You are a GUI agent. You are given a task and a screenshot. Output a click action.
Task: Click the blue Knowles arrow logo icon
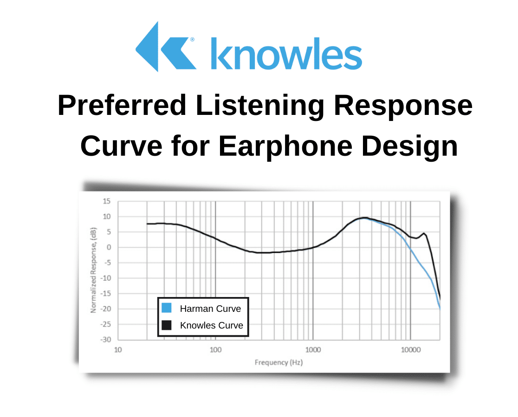(x=164, y=47)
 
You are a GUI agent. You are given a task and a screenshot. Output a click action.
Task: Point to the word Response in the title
(x=402, y=106)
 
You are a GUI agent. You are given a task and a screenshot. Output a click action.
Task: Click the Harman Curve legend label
(x=210, y=309)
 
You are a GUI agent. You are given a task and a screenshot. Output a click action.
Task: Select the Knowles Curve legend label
(x=211, y=325)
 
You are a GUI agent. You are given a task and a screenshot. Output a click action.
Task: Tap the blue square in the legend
(x=167, y=308)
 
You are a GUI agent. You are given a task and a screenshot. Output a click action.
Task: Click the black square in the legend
(x=167, y=325)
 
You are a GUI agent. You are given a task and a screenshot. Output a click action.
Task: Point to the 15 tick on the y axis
(x=107, y=201)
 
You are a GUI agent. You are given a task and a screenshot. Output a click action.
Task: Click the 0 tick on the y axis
(x=109, y=247)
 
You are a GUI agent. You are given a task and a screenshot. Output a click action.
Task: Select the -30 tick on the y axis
(x=105, y=340)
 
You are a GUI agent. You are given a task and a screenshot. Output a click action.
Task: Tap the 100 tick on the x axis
(x=215, y=350)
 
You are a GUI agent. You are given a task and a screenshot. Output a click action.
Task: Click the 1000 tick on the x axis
(x=313, y=350)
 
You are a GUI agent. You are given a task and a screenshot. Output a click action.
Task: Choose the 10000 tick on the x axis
(x=410, y=350)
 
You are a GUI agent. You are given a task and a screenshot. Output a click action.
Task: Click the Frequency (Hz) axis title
(x=278, y=362)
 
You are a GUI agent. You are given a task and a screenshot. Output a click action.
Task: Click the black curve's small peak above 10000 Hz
(x=424, y=234)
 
